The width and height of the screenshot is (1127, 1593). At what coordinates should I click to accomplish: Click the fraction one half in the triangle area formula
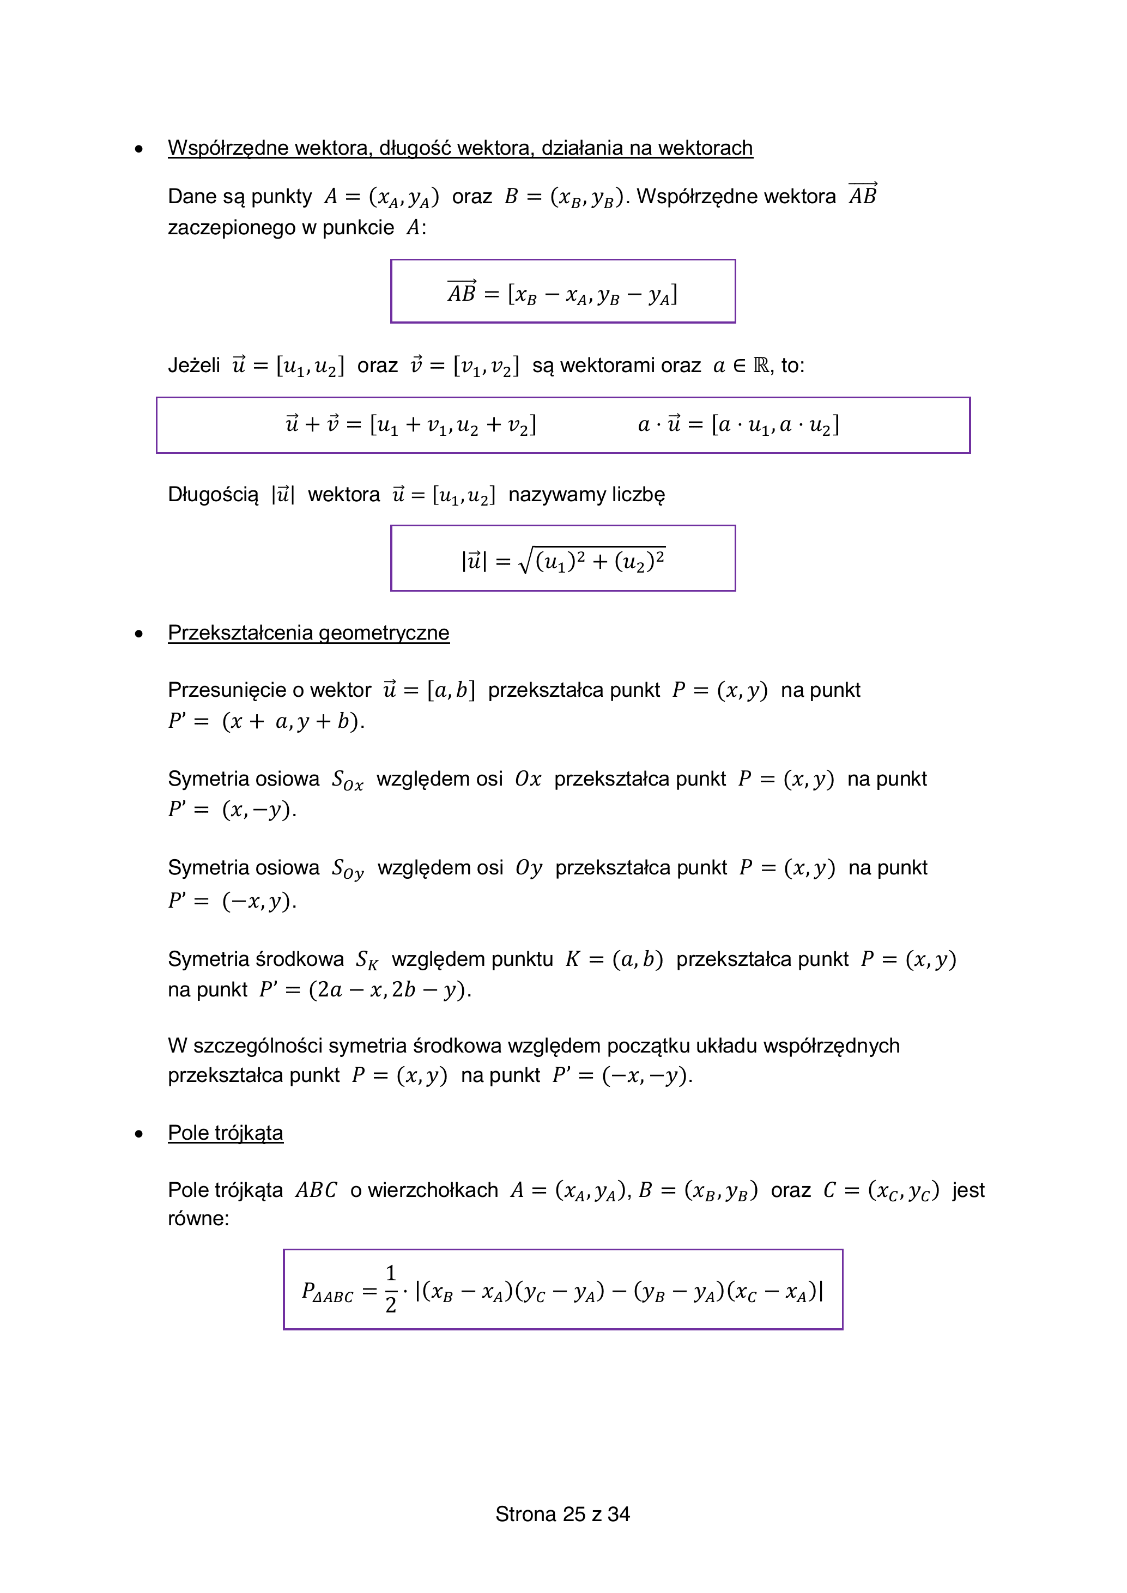[391, 1288]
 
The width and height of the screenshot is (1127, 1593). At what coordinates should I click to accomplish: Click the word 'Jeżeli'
[193, 365]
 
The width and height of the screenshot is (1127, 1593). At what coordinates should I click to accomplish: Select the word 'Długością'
[213, 495]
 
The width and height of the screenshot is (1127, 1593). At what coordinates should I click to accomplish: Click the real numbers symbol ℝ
[761, 365]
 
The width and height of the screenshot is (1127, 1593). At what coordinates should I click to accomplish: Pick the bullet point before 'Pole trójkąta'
[140, 1134]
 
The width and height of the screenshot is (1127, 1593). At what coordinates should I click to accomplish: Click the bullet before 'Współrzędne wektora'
[140, 149]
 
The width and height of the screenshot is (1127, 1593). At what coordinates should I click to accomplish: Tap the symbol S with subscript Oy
[347, 868]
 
